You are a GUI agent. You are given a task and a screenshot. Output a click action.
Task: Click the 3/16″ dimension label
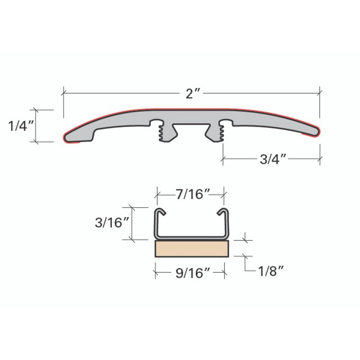(x=109, y=223)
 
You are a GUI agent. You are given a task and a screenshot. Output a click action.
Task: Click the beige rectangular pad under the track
(x=192, y=249)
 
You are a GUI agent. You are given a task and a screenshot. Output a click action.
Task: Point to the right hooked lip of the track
(x=222, y=212)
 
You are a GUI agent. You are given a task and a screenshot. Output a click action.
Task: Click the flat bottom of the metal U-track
(x=192, y=237)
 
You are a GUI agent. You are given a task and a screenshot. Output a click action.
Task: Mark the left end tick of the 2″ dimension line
(x=63, y=91)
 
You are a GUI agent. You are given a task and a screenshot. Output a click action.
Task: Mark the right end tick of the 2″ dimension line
(x=320, y=91)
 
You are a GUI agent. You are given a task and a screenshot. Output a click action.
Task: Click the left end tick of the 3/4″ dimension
(x=223, y=159)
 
